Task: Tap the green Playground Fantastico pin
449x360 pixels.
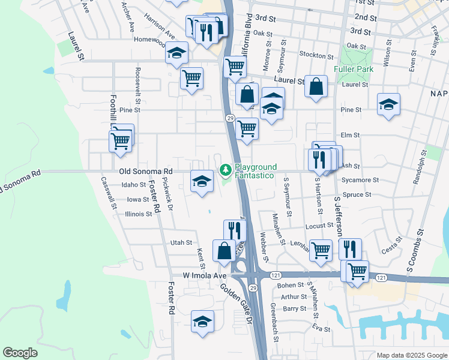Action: (x=226, y=170)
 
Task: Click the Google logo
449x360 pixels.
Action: (x=20, y=353)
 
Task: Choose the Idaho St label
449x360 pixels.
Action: (x=134, y=185)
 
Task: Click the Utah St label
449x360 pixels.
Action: (x=181, y=243)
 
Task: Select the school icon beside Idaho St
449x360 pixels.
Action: (x=202, y=181)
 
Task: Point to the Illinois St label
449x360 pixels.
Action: (x=139, y=214)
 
